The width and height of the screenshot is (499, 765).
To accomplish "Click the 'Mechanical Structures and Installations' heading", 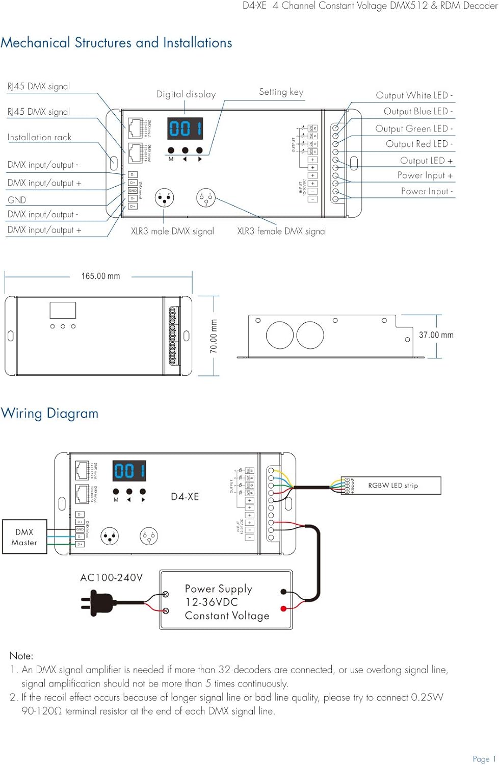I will (116, 42).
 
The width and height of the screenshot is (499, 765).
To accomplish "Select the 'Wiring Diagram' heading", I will (49, 413).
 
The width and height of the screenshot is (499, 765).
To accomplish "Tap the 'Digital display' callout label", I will (186, 94).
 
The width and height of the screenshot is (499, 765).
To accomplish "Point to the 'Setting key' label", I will (281, 92).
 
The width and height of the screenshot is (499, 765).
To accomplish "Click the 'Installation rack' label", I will (39, 137).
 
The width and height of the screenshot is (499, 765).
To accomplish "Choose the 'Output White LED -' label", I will (414, 95).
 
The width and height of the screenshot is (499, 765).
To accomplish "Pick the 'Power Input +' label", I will (425, 175).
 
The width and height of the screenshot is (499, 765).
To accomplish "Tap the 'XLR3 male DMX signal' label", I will (172, 231).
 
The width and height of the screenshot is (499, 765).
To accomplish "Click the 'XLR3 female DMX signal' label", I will (282, 231).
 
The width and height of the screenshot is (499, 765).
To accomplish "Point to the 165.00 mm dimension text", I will (100, 276).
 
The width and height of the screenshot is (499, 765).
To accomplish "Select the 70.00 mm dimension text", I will (214, 336).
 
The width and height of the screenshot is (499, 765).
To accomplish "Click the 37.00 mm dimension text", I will (436, 335).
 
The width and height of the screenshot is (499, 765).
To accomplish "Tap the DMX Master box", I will (24, 537).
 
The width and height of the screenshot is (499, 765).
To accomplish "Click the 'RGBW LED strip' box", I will (393, 486).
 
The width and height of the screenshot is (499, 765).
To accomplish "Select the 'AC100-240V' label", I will (111, 578).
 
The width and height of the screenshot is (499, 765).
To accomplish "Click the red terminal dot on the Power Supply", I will (283, 608).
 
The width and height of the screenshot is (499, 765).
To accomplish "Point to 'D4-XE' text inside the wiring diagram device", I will (185, 497).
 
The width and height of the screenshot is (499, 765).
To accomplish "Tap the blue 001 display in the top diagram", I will (185, 129).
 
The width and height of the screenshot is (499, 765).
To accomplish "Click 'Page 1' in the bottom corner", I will (484, 759).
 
